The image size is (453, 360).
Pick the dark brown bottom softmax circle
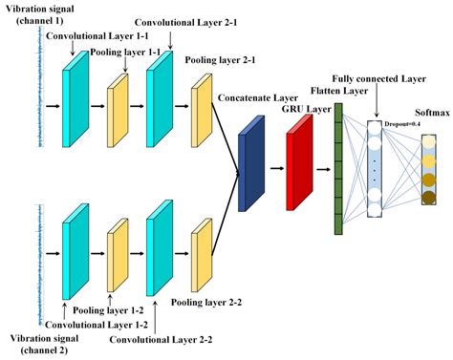[428, 198]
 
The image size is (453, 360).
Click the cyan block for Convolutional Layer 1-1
[75, 95]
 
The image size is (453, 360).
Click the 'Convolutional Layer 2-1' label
[173, 20]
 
